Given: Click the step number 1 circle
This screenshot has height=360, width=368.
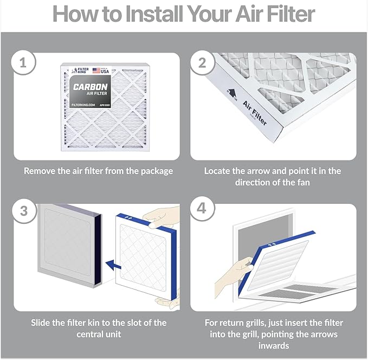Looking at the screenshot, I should pos(22,63).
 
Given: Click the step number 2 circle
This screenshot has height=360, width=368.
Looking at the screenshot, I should pos(202,63).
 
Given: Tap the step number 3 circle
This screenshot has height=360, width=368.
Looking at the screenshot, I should pos(23,209).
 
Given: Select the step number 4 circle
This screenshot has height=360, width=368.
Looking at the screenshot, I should pos(202,209).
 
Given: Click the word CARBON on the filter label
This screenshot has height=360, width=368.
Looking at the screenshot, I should pos(90,87).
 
